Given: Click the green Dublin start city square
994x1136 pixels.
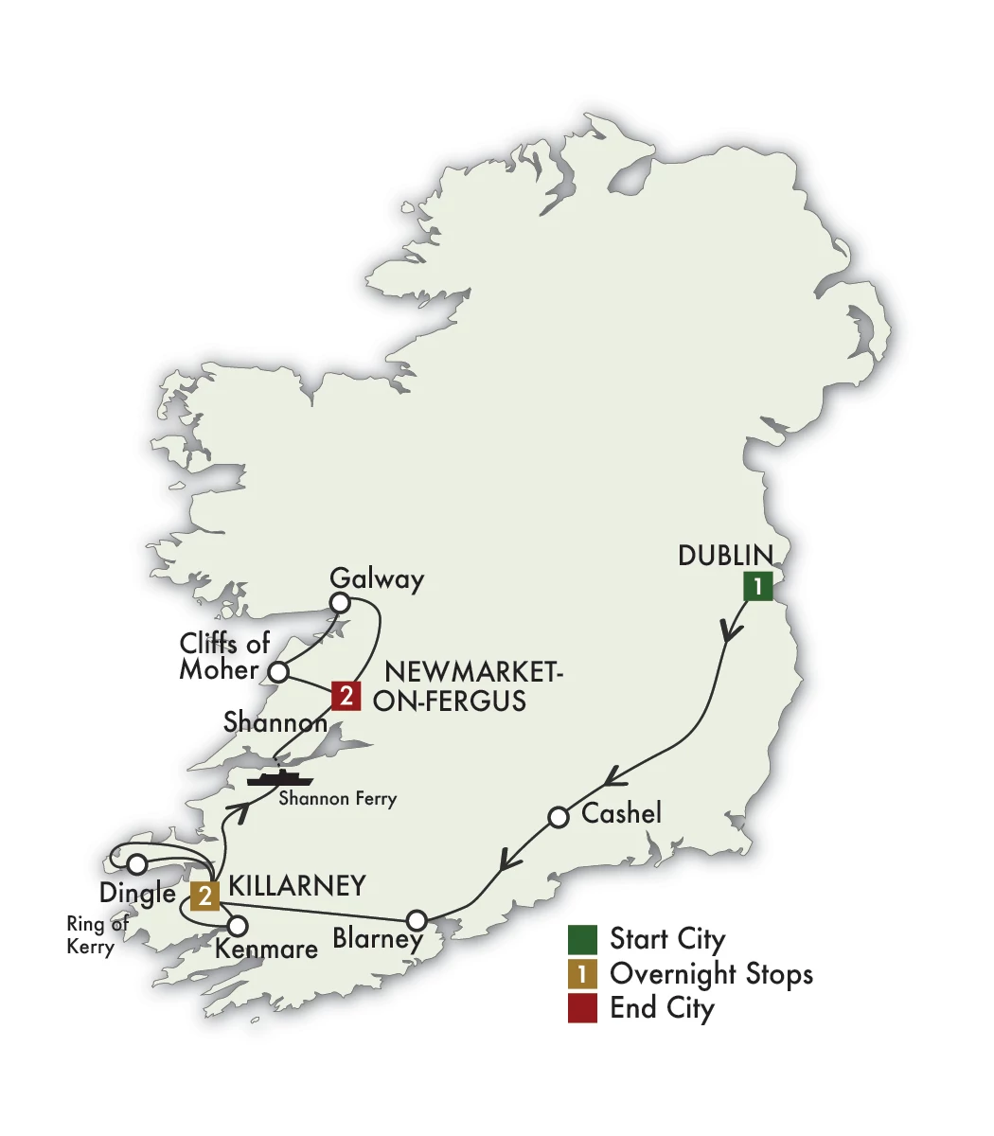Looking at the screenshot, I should (757, 587).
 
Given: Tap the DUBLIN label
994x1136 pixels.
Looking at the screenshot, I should (725, 556).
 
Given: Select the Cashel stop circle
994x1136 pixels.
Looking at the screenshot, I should (559, 816).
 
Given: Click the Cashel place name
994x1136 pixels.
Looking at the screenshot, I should (621, 813).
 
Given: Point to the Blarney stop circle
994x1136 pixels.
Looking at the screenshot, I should (417, 919).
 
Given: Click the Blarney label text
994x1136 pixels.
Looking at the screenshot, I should (378, 938).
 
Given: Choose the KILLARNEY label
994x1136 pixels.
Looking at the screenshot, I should (298, 886).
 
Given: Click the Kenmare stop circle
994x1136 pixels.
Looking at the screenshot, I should (238, 925).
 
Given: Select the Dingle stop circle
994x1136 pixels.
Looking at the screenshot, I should (137, 863).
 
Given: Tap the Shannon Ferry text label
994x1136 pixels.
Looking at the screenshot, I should (337, 799).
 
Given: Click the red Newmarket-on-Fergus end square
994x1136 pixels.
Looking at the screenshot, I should (346, 698).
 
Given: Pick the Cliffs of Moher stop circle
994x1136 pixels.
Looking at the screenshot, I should (278, 672).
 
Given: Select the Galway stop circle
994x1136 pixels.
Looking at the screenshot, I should (340, 603).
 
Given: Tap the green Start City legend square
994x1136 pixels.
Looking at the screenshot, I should (582, 940).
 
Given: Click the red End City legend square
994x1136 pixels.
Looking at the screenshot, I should (582, 1008).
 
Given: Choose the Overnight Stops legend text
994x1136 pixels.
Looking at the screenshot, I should (711, 973).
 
